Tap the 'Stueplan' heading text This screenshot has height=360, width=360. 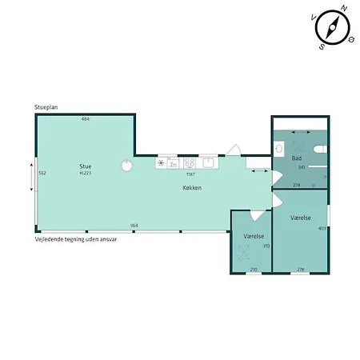46,106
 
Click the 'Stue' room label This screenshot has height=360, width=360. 85,166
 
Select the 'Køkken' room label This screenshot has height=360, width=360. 190,188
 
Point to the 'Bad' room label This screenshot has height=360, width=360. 297,159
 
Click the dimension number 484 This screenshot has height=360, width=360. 85,119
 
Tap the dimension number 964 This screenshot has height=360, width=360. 134,226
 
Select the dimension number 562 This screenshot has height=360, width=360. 42,174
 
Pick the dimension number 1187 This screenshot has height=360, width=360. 190,174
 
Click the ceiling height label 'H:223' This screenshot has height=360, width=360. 85,174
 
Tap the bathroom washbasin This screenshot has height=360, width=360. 278,148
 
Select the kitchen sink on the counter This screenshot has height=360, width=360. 208,162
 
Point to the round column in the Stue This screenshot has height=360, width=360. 126,166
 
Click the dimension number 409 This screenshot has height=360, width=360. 322,229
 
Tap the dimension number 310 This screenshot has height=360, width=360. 266,246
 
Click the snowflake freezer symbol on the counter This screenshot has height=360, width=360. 161,162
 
